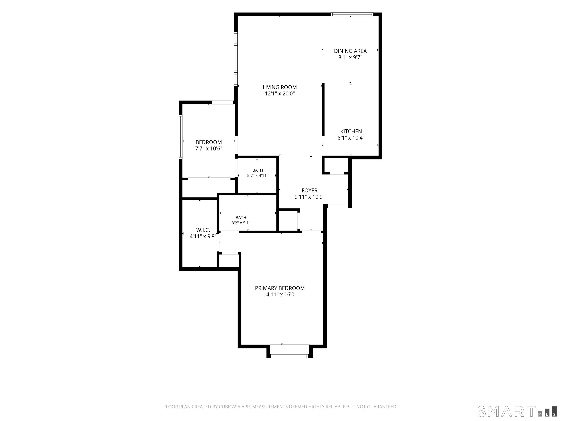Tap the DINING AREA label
(350, 51)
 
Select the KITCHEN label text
(351, 131)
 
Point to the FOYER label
(309, 191)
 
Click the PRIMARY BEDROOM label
(280, 288)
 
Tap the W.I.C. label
(203, 230)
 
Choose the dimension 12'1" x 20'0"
(280, 94)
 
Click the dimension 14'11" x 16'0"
(280, 295)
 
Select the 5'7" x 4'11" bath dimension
(258, 175)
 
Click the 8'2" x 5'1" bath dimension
(241, 223)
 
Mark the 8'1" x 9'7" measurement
(350, 57)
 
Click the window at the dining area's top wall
(352, 14)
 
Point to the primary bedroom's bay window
(290, 356)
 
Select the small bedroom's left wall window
(181, 137)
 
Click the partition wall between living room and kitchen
(323, 109)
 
